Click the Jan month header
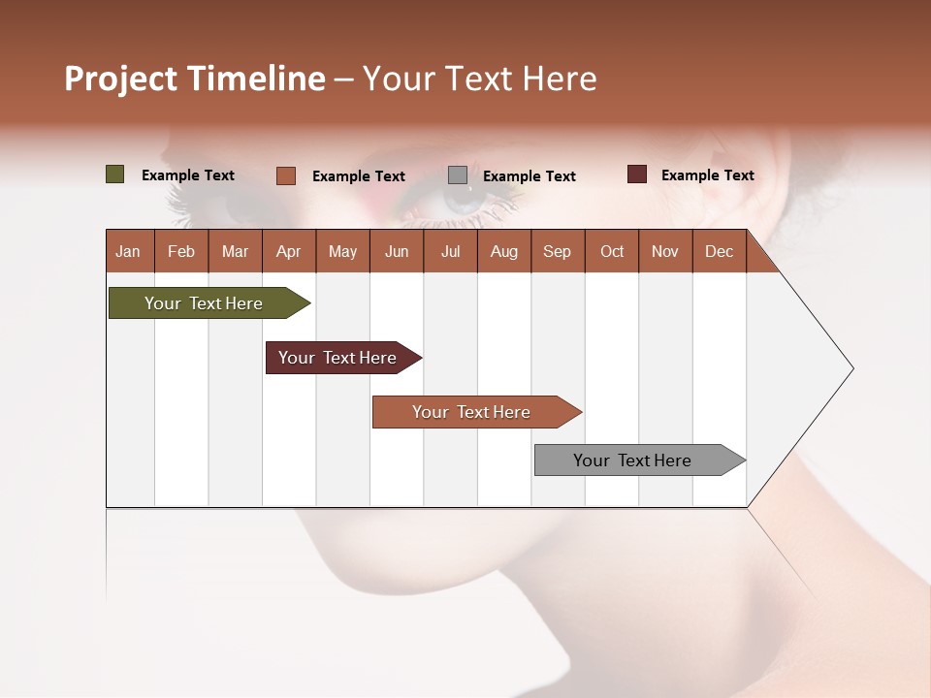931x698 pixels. (128, 251)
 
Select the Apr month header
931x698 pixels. (288, 251)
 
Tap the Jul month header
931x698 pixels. (450, 251)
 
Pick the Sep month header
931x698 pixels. (557, 251)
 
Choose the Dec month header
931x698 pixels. (719, 251)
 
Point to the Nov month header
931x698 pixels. (664, 251)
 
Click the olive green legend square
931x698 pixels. (114, 174)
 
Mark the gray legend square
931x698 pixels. (458, 175)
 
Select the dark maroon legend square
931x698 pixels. (636, 174)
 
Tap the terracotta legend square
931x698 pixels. (285, 175)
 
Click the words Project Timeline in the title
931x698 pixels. (194, 79)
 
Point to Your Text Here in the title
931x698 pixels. (479, 79)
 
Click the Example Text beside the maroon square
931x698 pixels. (707, 174)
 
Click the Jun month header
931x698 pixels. (396, 251)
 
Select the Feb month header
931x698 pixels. (181, 251)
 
